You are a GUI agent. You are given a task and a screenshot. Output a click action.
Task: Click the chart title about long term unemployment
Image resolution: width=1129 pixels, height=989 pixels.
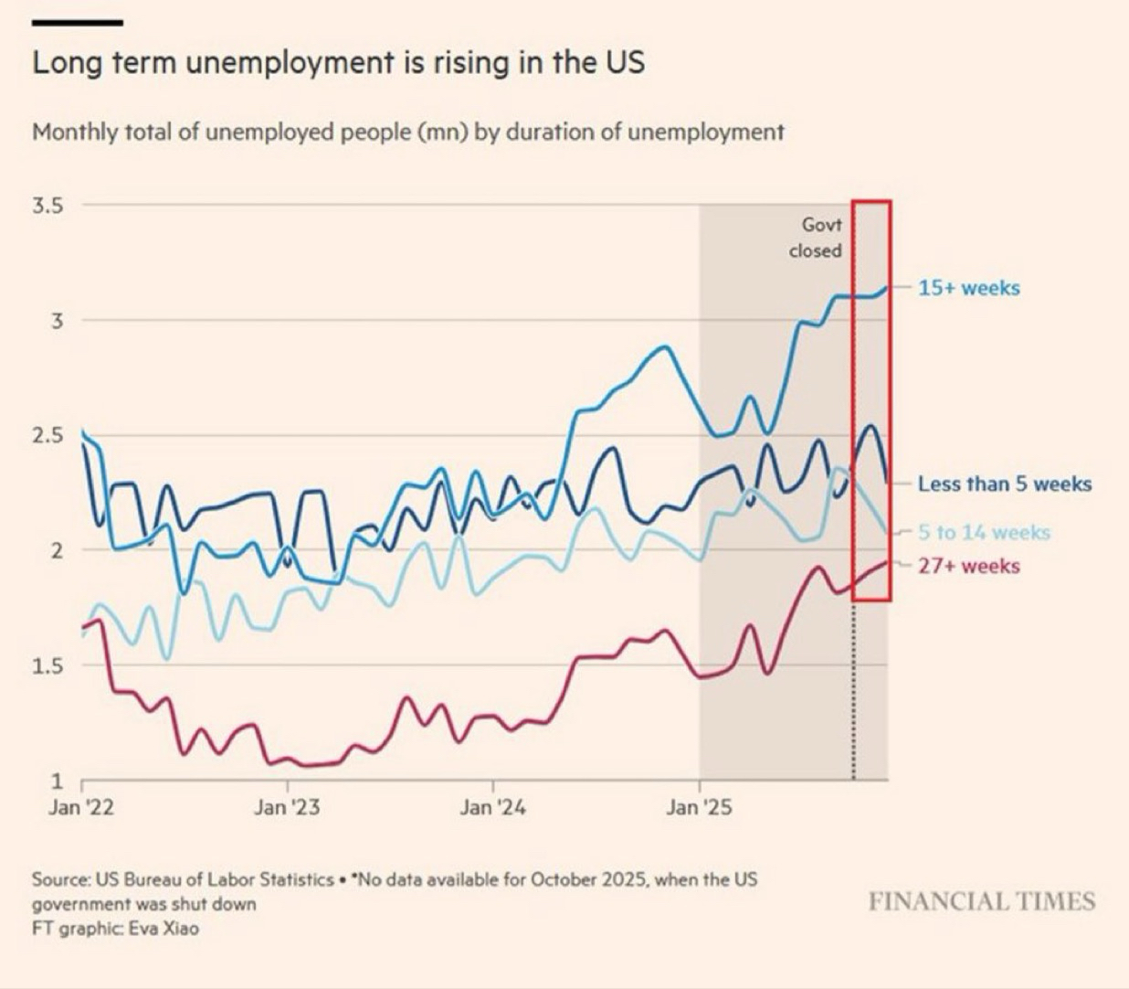[x=338, y=63]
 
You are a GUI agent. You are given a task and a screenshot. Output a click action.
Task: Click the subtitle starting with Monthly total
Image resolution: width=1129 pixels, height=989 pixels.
[x=407, y=133]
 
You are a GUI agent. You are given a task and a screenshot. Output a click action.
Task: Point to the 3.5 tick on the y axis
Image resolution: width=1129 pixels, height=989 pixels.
[x=47, y=206]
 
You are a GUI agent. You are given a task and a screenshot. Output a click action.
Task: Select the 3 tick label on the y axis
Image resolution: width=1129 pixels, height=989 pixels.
[x=56, y=321]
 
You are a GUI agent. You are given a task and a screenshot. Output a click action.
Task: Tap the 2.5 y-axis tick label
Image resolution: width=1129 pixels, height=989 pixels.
[x=47, y=435]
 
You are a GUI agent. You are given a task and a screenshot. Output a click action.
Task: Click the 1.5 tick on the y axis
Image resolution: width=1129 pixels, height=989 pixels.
[x=47, y=665]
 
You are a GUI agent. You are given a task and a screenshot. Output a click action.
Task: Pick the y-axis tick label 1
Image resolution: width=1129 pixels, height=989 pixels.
[x=57, y=781]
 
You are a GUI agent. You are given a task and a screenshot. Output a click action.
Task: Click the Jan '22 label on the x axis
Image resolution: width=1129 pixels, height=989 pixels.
[x=81, y=808]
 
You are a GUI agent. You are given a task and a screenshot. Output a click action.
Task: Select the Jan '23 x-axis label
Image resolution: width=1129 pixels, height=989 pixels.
[x=287, y=808]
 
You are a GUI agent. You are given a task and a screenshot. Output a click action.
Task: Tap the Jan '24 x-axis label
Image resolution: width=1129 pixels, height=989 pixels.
[x=493, y=808]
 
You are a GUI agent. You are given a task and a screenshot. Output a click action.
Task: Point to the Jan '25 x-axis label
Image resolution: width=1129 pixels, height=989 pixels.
[x=699, y=808]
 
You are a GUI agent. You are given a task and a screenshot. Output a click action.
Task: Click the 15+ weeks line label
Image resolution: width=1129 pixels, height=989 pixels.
[x=968, y=288]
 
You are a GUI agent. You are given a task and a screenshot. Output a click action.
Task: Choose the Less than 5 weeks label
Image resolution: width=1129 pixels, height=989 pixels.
[x=1005, y=484]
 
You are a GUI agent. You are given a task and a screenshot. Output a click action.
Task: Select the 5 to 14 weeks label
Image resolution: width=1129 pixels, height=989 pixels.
[x=984, y=532]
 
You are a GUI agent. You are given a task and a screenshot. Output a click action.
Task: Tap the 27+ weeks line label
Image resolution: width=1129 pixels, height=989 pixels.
[x=968, y=566]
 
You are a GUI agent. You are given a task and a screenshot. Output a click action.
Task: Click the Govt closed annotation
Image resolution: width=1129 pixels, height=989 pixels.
[x=816, y=237]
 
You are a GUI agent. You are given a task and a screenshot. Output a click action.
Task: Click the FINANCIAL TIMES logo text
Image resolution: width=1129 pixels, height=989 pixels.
[x=982, y=902]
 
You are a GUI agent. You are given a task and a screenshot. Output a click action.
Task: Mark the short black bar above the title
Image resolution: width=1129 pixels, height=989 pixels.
[x=77, y=22]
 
